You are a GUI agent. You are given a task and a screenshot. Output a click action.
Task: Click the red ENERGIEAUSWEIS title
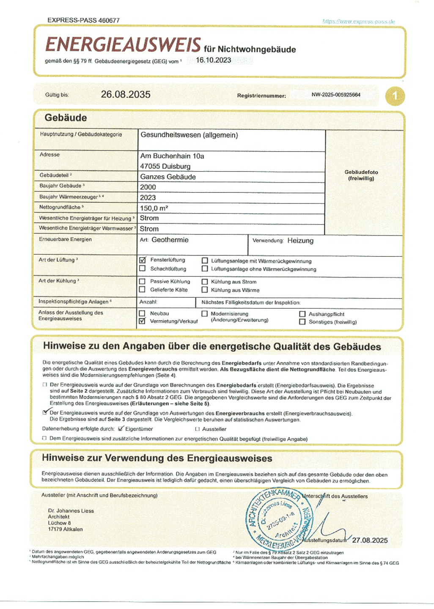coord(123,45)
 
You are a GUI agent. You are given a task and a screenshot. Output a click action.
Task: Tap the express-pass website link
coord(358,21)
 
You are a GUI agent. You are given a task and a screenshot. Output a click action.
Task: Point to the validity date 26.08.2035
coord(126,94)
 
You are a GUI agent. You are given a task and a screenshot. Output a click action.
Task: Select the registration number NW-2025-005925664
coord(336,95)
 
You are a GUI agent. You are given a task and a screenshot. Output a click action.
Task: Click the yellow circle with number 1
coord(395,96)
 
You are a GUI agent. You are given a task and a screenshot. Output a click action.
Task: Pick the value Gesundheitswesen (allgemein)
coord(189,135)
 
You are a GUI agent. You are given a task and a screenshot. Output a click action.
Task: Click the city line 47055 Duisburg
coord(165,166)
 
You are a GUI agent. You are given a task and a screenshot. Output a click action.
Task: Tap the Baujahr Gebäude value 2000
coord(148,187)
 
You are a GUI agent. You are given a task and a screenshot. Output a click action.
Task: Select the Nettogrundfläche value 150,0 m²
coord(154,208)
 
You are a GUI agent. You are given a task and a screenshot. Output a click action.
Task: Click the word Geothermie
coord(170,240)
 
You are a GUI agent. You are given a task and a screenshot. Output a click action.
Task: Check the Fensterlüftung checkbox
coord(143,260)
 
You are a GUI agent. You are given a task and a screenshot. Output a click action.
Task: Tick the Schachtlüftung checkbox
coord(143,269)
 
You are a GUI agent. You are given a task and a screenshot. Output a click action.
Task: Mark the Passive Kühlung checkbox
coord(143,281)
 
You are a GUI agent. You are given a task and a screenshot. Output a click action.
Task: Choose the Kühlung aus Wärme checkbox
coord(205,290)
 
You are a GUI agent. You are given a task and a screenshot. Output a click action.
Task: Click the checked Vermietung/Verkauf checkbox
coord(143,321)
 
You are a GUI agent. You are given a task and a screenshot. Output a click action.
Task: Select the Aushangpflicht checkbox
coord(302,314)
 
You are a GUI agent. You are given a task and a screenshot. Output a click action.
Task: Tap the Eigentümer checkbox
coord(121,429)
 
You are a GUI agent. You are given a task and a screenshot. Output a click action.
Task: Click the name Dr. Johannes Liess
coord(71,510)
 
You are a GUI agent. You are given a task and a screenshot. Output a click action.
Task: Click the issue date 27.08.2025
coord(370,540)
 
